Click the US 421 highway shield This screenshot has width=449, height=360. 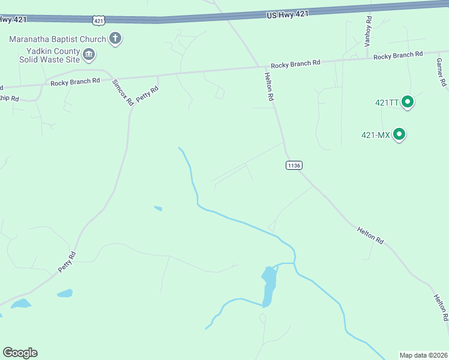pyautogui.click(x=98, y=20)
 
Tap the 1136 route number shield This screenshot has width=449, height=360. pyautogui.click(x=294, y=165)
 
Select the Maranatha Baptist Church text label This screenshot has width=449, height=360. pyautogui.click(x=58, y=40)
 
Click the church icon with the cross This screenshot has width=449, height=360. pyautogui.click(x=115, y=40)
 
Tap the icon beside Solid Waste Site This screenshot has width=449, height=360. pyautogui.click(x=89, y=55)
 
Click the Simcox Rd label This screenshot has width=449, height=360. pyautogui.click(x=123, y=92)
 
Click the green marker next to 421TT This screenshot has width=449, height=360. pyautogui.click(x=408, y=103)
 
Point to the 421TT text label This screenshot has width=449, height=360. pyautogui.click(x=387, y=103)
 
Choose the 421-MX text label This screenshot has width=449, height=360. pyautogui.click(x=376, y=135)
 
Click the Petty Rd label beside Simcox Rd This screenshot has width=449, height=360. pyautogui.click(x=147, y=94)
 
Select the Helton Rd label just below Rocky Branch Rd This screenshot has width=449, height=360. pyautogui.click(x=269, y=86)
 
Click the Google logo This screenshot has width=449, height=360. pyautogui.click(x=20, y=353)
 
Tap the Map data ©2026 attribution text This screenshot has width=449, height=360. pyautogui.click(x=423, y=355)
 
